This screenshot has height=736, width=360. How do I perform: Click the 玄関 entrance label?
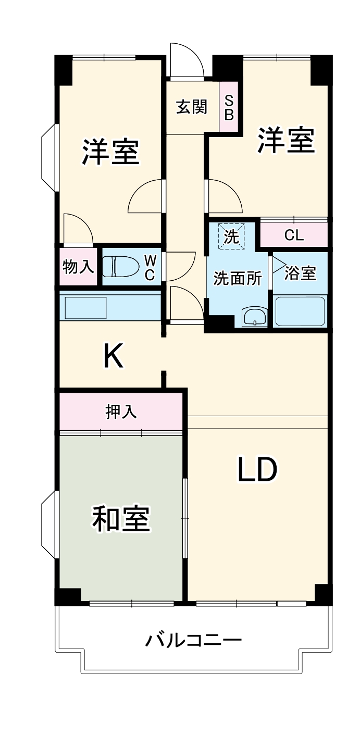(192, 107)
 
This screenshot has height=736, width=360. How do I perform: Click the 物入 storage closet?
(78, 267)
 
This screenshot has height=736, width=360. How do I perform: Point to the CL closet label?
(294, 235)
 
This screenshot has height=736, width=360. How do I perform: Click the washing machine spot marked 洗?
(231, 236)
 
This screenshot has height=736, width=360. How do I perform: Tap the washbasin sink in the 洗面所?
(254, 316)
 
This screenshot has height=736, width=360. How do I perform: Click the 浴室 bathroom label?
(300, 273)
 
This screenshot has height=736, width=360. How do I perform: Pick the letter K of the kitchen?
(113, 356)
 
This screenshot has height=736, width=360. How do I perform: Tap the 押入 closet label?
(121, 412)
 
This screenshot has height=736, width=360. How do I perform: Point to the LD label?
(257, 470)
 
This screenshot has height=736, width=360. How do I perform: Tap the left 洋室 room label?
(110, 151)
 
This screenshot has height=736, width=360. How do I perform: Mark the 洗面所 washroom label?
(238, 279)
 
